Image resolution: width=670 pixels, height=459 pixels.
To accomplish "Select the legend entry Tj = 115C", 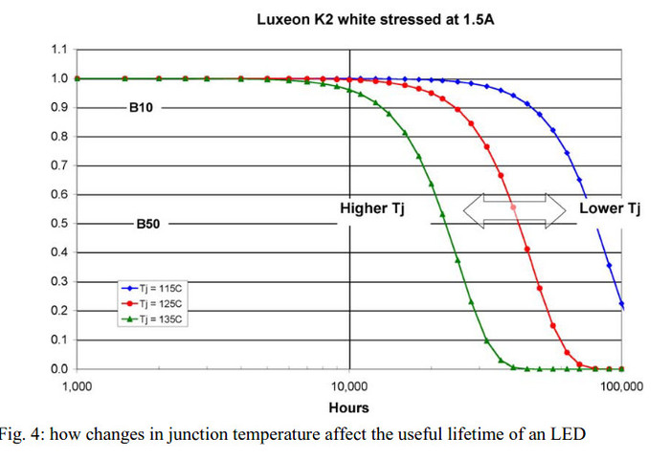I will click(x=156, y=287).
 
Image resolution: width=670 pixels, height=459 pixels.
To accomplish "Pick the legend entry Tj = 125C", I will click(x=156, y=302).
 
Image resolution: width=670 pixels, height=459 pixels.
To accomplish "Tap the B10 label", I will click(x=142, y=108).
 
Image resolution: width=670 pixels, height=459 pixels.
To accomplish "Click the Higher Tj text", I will click(x=373, y=208).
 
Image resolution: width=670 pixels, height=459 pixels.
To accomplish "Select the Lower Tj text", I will click(x=609, y=208).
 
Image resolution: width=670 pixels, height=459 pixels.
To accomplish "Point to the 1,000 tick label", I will click(x=77, y=386).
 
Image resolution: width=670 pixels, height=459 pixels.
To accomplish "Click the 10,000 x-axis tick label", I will click(x=349, y=386).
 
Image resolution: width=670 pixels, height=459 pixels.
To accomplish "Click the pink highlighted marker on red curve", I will click(x=514, y=208).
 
